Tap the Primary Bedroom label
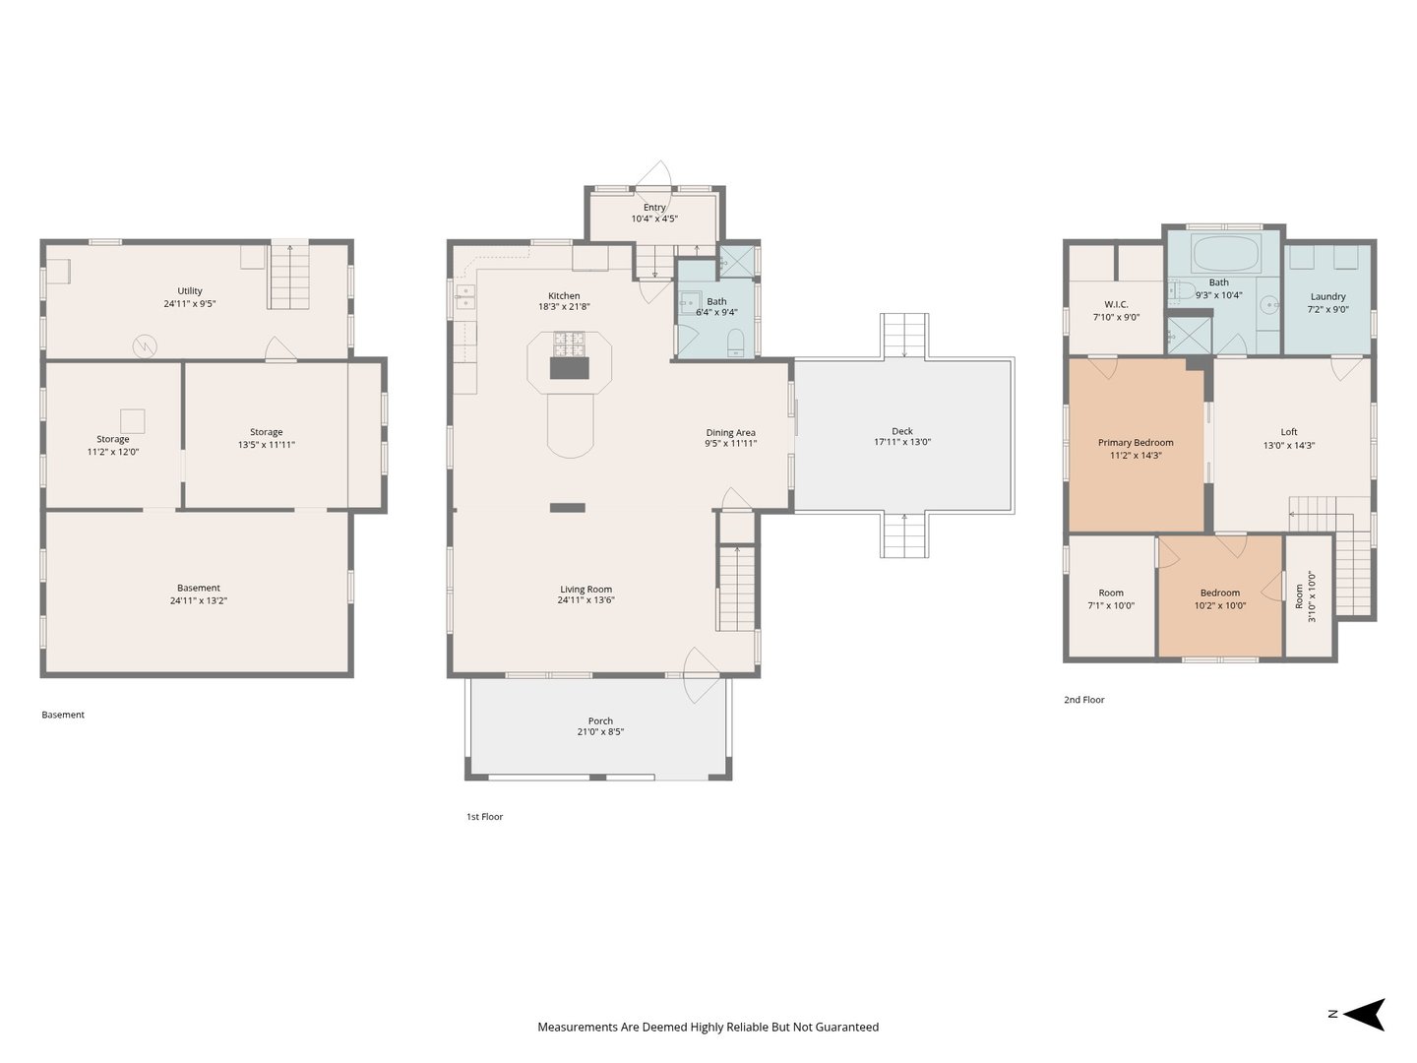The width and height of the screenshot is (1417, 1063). pos(1135,443)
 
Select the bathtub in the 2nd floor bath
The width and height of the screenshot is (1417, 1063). pos(1226,254)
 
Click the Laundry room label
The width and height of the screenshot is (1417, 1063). pos(1327,297)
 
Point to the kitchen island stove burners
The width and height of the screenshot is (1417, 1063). pos(569,344)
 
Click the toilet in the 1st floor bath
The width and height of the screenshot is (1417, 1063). pos(735,343)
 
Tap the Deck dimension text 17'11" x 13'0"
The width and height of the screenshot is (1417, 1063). pos(901,442)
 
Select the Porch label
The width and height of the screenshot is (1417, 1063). pos(600,720)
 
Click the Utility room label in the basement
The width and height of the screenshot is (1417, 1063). pos(190,291)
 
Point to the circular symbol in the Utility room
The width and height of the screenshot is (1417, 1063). pos(145,346)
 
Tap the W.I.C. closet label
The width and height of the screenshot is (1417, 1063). pos(1116,305)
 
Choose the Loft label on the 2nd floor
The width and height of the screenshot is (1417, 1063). pos(1288,432)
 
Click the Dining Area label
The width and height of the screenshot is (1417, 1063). pos(730,433)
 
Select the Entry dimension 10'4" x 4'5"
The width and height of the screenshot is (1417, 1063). pos(654,219)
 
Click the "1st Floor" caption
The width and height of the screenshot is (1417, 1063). pos(484,817)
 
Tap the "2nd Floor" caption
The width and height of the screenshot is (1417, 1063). pos(1083,700)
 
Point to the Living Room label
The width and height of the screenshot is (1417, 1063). pos(585,590)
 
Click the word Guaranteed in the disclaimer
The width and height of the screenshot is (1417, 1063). pos(846,1027)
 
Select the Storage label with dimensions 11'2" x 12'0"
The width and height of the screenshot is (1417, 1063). pos(113,440)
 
